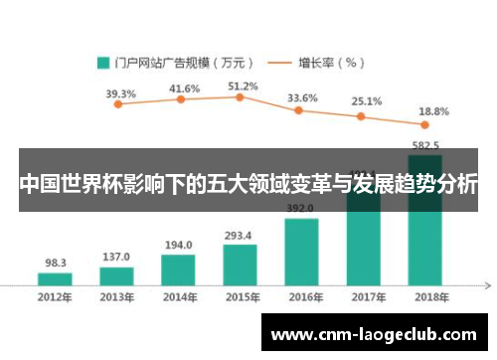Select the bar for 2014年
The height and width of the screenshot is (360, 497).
pyautogui.click(x=177, y=270)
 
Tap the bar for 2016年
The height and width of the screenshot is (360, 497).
pyautogui.click(x=301, y=252)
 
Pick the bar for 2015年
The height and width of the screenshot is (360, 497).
pyautogui.click(x=240, y=265)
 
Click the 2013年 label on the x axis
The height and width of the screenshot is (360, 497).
pyautogui.click(x=116, y=296)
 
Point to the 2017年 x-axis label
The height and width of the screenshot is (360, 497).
pyautogui.click(x=364, y=296)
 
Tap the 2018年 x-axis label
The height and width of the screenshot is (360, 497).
pyautogui.click(x=424, y=296)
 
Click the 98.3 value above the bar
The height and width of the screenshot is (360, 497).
pyautogui.click(x=56, y=264)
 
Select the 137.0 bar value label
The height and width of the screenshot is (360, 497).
pyautogui.click(x=116, y=257)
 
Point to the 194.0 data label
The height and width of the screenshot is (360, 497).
pyautogui.click(x=178, y=245)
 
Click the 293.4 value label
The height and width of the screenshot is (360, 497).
pyautogui.click(x=240, y=235)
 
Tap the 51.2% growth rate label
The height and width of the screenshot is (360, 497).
pyautogui.click(x=243, y=87)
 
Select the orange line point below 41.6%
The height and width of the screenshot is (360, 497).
pyautogui.click(x=181, y=99)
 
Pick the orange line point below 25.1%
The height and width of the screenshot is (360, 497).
pyautogui.click(x=363, y=115)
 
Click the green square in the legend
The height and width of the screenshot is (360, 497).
pyautogui.click(x=102, y=62)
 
